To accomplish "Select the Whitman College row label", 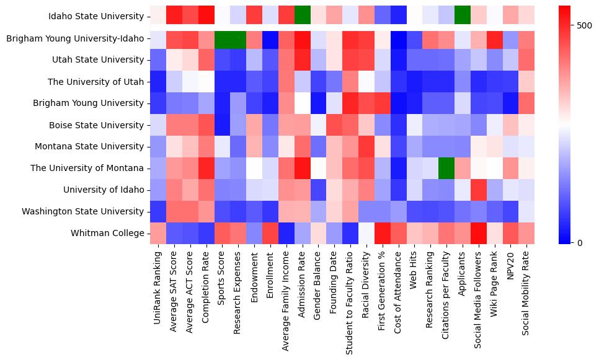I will pyautogui.click(x=114, y=233).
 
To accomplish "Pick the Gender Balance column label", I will pyautogui.click(x=319, y=284).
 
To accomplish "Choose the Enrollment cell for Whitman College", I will pyautogui.click(x=270, y=233).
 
